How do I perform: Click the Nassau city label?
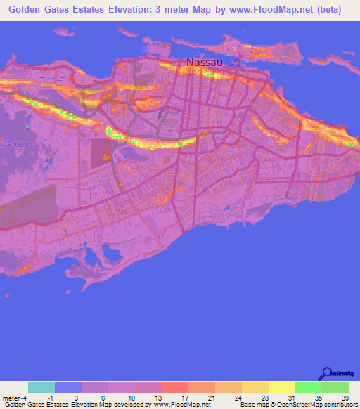[205, 63]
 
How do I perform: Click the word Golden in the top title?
[30, 9]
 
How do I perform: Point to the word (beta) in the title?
[328, 9]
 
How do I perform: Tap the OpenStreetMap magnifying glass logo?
[327, 372]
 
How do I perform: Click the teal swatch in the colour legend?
[41, 387]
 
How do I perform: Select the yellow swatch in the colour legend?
[281, 387]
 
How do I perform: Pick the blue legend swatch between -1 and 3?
[68, 387]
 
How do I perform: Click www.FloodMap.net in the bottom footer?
[181, 405]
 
